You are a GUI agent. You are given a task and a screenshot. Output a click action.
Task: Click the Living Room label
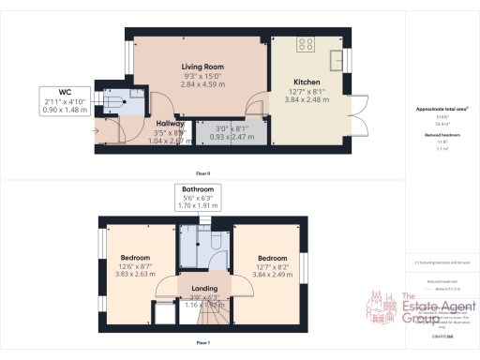tap(201, 67)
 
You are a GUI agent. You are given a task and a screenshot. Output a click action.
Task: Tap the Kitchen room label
tap(306, 82)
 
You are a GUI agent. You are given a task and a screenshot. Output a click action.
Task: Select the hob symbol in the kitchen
tap(307, 44)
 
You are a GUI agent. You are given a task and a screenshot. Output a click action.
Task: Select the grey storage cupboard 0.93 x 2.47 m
tap(223, 131)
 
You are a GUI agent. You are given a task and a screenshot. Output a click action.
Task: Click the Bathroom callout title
tap(198, 189)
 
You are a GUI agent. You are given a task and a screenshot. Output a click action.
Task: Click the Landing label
tap(204, 289)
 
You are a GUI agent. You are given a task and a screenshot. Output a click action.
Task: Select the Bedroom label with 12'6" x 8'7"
tap(136, 258)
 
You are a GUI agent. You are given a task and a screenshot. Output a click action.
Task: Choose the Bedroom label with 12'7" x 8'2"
tap(273, 258)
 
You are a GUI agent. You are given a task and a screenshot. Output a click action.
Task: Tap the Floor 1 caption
tap(202, 344)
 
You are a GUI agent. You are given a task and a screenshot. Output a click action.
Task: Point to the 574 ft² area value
tap(441, 116)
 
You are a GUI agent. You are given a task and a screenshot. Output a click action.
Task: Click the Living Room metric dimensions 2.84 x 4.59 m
tap(201, 82)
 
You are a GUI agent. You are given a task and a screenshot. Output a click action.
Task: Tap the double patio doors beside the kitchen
tap(357, 110)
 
